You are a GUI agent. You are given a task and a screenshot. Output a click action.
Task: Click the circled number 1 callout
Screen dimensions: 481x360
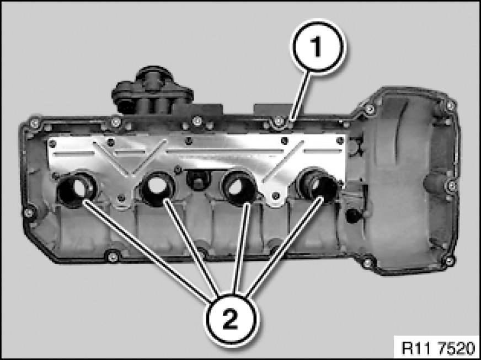coord(318,47)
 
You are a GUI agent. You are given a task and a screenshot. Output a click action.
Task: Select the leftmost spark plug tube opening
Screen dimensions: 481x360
coord(77,189)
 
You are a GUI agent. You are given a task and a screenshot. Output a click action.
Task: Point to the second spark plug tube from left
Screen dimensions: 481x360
coord(157,187)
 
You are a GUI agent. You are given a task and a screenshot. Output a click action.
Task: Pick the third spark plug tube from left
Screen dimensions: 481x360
coord(239,187)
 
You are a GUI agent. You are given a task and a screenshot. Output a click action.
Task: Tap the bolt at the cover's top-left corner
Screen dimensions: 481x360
coord(34,123)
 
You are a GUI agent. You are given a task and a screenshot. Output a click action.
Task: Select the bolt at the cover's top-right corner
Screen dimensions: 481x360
coord(450,105)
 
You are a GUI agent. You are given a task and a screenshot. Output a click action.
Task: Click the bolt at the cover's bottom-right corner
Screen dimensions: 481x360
coord(449,261)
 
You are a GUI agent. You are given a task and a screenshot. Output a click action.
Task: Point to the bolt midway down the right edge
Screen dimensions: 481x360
coord(452,185)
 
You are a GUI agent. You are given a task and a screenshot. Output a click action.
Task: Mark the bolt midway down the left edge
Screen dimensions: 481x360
coord(29,212)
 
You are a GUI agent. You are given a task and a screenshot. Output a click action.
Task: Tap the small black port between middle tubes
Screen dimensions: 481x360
coord(198,179)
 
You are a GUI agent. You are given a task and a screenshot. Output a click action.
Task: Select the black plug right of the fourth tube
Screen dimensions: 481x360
coord(354,216)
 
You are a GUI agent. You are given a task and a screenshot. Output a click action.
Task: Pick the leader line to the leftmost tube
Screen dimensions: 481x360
coord(147,249)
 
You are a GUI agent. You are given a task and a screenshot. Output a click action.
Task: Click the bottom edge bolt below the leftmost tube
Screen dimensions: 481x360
coord(113,256)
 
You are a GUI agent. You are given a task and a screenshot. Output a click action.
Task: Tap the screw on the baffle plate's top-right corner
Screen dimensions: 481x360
coord(340,141)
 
